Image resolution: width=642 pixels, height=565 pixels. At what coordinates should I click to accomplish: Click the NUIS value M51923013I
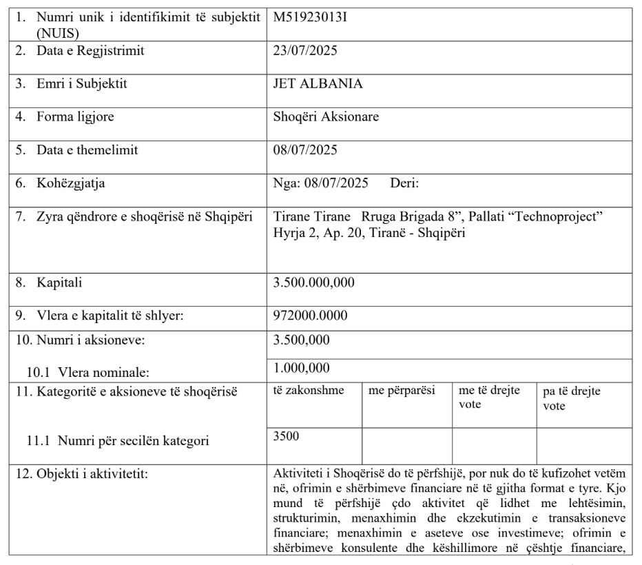(310, 17)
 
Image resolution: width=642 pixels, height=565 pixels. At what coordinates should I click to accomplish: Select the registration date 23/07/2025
(305, 50)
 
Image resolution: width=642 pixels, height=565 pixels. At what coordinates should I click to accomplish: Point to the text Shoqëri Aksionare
(326, 116)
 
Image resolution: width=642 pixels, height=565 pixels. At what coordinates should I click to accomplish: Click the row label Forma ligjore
(75, 116)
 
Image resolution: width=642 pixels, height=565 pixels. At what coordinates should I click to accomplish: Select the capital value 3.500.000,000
(314, 281)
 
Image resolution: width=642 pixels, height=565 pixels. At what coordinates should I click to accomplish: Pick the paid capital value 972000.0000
(310, 315)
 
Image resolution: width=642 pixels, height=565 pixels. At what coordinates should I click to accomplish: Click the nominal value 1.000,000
(302, 368)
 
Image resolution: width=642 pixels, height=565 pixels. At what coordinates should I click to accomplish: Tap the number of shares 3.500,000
(302, 339)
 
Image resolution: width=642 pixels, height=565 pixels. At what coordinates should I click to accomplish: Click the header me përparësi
(402, 391)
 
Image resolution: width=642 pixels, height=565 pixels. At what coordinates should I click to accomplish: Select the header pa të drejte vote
(571, 398)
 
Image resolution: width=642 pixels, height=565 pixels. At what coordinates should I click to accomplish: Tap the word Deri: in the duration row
(404, 183)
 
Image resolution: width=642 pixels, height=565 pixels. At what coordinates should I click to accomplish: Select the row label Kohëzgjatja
(71, 183)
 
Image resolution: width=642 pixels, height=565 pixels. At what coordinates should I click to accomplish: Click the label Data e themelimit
(87, 150)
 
